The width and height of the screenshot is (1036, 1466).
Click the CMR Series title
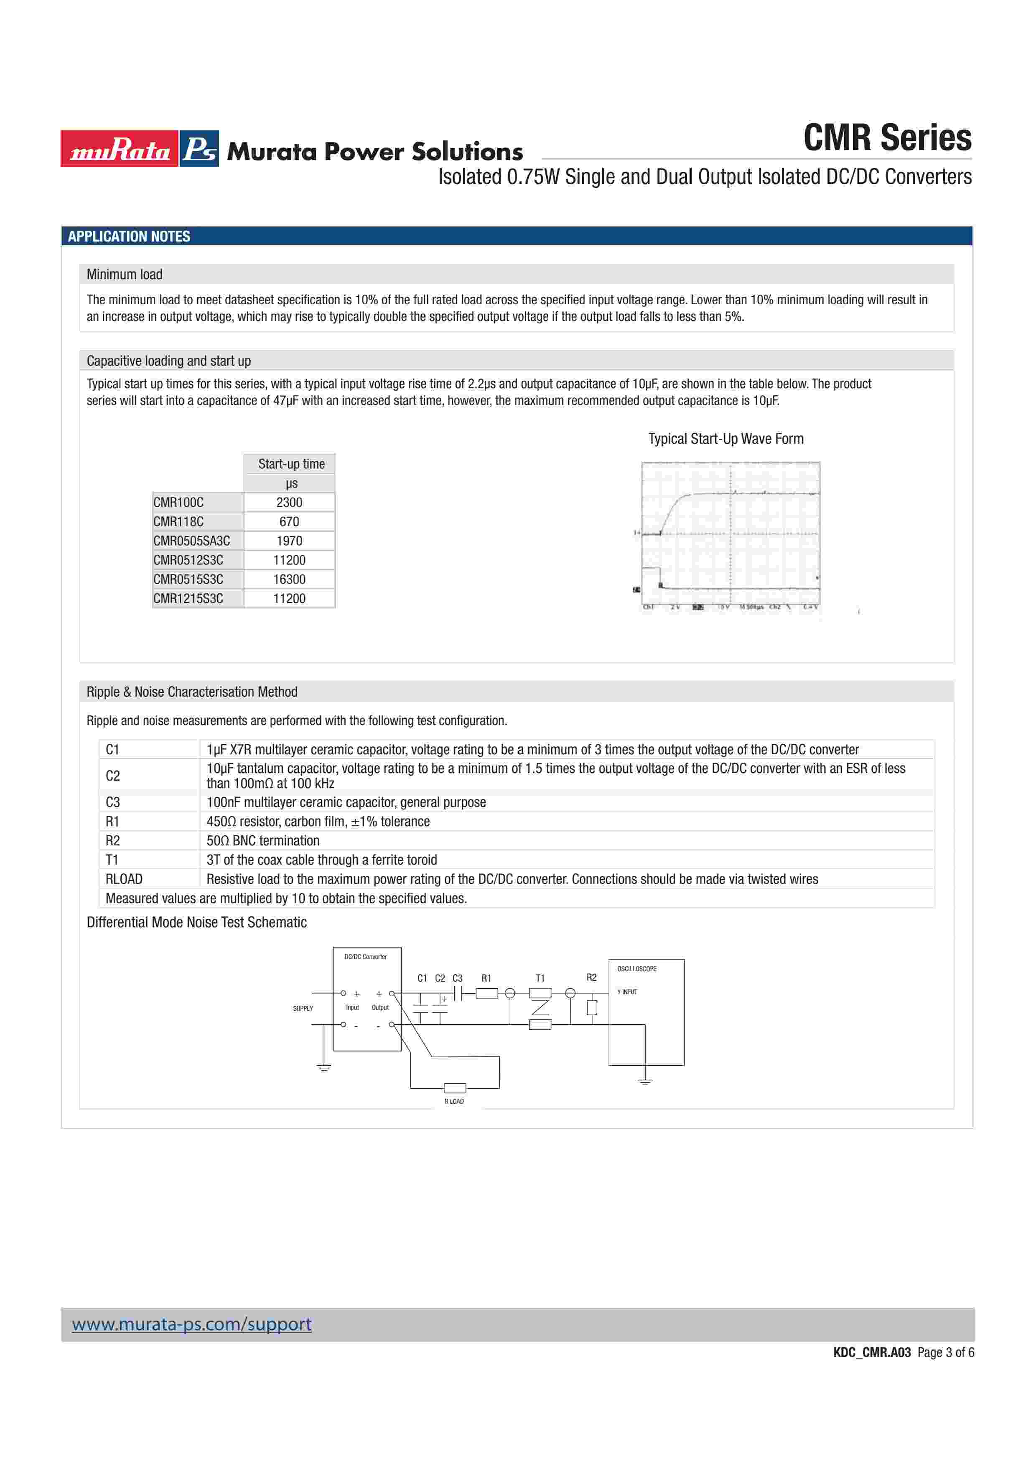pyautogui.click(x=887, y=138)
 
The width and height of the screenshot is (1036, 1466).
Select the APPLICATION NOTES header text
pyautogui.click(x=129, y=236)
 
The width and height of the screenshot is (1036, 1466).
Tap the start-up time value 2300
pyautogui.click(x=289, y=502)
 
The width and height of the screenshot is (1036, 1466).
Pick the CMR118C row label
pyautogui.click(x=179, y=522)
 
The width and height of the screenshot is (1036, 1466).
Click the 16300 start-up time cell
pyautogui.click(x=289, y=579)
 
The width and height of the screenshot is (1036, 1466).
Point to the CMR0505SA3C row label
pyautogui.click(x=191, y=541)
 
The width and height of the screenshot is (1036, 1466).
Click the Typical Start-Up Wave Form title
pyautogui.click(x=726, y=439)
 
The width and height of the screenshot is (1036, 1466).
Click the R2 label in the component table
pyautogui.click(x=113, y=840)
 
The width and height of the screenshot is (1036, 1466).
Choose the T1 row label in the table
pyautogui.click(x=112, y=860)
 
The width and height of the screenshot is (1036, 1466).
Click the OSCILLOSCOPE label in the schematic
pyautogui.click(x=636, y=969)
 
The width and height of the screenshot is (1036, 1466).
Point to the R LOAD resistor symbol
pyautogui.click(x=455, y=1088)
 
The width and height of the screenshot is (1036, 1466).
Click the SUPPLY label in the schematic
pyautogui.click(x=303, y=1009)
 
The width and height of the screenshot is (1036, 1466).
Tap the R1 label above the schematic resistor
pyautogui.click(x=486, y=978)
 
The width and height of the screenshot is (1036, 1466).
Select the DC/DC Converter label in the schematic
pyautogui.click(x=366, y=957)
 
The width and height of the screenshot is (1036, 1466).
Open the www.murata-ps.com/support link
pyautogui.click(x=191, y=1324)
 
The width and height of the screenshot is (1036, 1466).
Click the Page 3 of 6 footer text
pyautogui.click(x=945, y=1352)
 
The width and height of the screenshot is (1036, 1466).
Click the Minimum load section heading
pyautogui.click(x=125, y=275)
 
